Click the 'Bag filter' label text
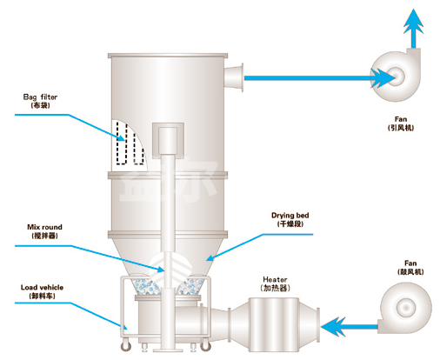[40, 97]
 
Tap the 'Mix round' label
[44, 227]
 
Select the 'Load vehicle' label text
[42, 288]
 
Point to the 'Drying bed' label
[290, 216]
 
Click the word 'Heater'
[275, 279]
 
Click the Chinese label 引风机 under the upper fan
[401, 128]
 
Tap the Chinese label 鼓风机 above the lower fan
[410, 271]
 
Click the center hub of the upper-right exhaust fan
[397, 76]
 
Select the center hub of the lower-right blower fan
[406, 307]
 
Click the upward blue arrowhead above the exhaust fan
[414, 22]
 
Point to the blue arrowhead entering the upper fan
[383, 77]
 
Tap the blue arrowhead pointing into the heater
[333, 327]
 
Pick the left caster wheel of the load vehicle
[126, 346]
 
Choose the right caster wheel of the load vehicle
[205, 345]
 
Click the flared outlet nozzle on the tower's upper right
[234, 77]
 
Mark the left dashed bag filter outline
[122, 143]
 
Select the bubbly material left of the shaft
[146, 287]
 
